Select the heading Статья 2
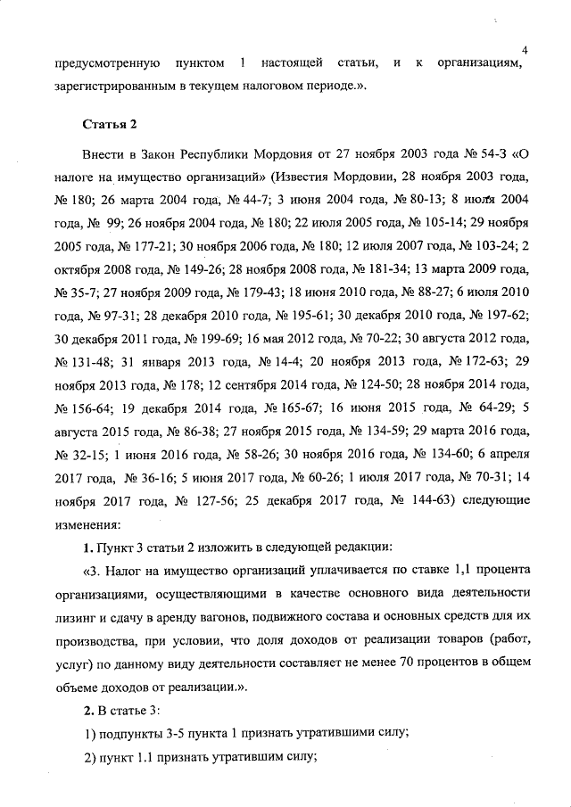tap(108, 123)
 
